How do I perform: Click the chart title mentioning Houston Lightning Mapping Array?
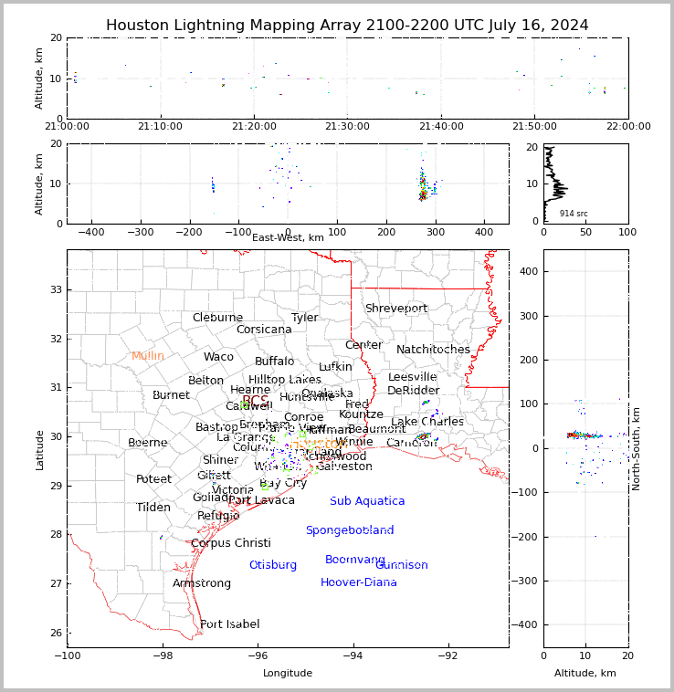pos(347,26)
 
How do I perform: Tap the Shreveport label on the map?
pos(396,309)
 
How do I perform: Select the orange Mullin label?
pos(148,356)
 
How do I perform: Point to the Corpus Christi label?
pos(231,543)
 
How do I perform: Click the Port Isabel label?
pos(230,624)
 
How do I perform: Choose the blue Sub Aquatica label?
pos(367,501)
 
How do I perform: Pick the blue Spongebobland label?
pos(350,530)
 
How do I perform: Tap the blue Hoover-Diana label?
pos(359,582)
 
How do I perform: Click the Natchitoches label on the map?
pos(433,350)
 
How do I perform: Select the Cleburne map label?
pos(217,318)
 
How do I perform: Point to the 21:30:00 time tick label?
pos(348,126)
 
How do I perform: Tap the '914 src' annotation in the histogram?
pos(574,214)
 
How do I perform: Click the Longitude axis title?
pos(288,674)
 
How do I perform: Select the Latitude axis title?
pos(39,449)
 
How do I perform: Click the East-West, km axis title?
pos(288,238)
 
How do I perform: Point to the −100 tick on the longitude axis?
pos(67,655)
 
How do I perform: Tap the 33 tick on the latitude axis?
pos(54,289)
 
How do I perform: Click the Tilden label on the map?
pos(153,508)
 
